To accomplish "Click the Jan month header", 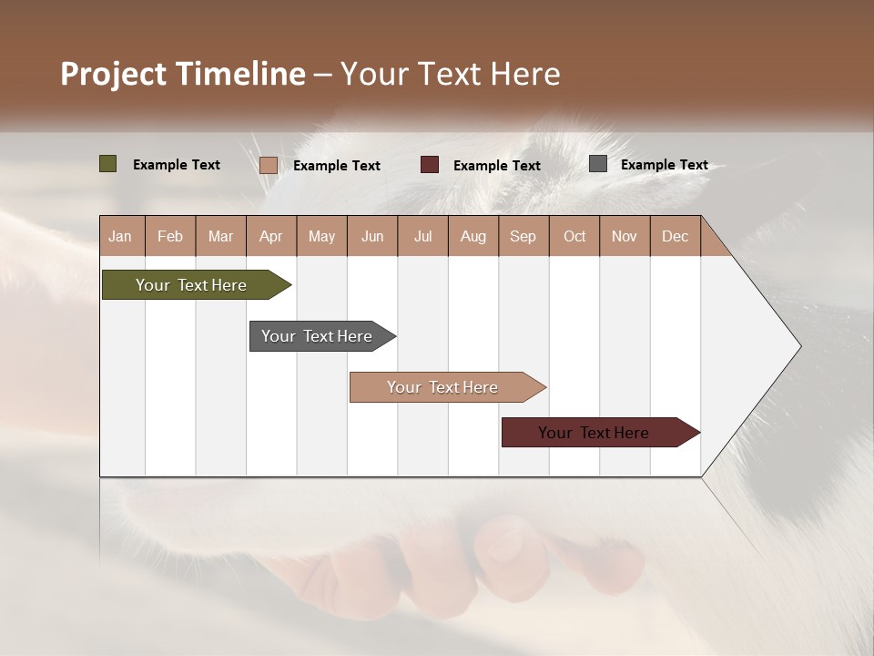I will point(120,236).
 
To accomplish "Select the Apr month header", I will point(270,236).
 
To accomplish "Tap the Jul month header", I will point(422,236).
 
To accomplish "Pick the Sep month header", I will point(523,236).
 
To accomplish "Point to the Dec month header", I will point(675,236).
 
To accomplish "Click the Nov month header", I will point(624,236).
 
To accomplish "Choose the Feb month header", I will point(170,236).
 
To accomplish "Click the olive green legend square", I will point(108,164).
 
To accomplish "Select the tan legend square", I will point(269,165).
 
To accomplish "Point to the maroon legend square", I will point(430,165).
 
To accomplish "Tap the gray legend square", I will point(598,164).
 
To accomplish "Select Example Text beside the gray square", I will point(664,165).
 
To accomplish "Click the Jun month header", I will point(372,236).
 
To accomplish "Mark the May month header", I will point(321,236).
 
